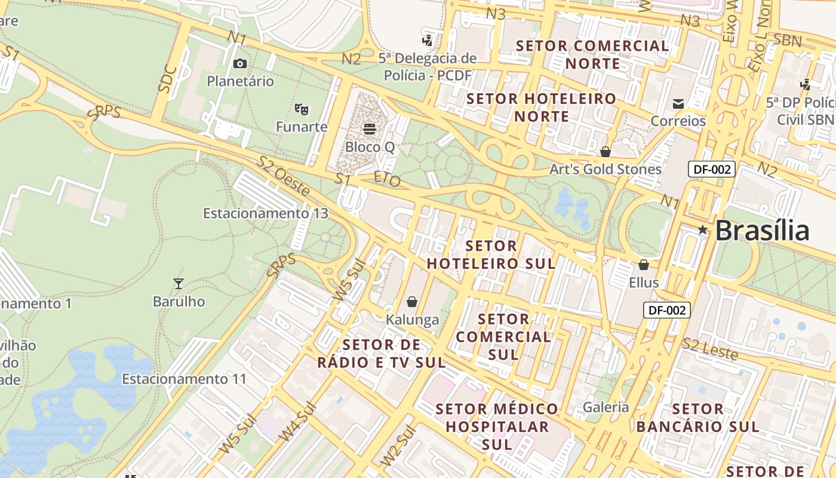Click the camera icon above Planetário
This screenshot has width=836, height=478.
(x=240, y=63)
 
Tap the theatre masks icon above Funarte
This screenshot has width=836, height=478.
(x=302, y=109)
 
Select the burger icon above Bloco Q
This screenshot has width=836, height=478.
(x=369, y=128)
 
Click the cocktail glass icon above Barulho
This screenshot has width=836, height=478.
(x=178, y=283)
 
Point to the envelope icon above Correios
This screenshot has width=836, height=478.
(x=678, y=103)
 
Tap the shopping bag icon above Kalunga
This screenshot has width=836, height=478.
(x=411, y=302)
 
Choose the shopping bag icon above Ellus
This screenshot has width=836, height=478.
(x=643, y=264)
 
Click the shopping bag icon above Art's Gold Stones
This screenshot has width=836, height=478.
(x=606, y=152)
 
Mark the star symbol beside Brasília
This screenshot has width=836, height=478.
(x=703, y=230)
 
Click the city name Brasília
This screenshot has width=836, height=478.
(x=762, y=231)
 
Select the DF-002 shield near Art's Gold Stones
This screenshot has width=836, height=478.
(x=711, y=169)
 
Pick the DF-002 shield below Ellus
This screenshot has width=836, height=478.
(x=667, y=310)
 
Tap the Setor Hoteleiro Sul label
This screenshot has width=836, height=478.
(x=491, y=255)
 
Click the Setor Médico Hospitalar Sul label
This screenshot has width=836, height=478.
(x=497, y=427)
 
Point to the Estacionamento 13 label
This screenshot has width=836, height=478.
(x=265, y=213)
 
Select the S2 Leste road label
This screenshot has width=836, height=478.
(x=710, y=349)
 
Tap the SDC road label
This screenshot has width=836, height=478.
(x=168, y=78)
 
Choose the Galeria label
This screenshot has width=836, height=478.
(x=606, y=407)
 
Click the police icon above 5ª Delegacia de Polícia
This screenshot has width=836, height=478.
(x=427, y=40)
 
